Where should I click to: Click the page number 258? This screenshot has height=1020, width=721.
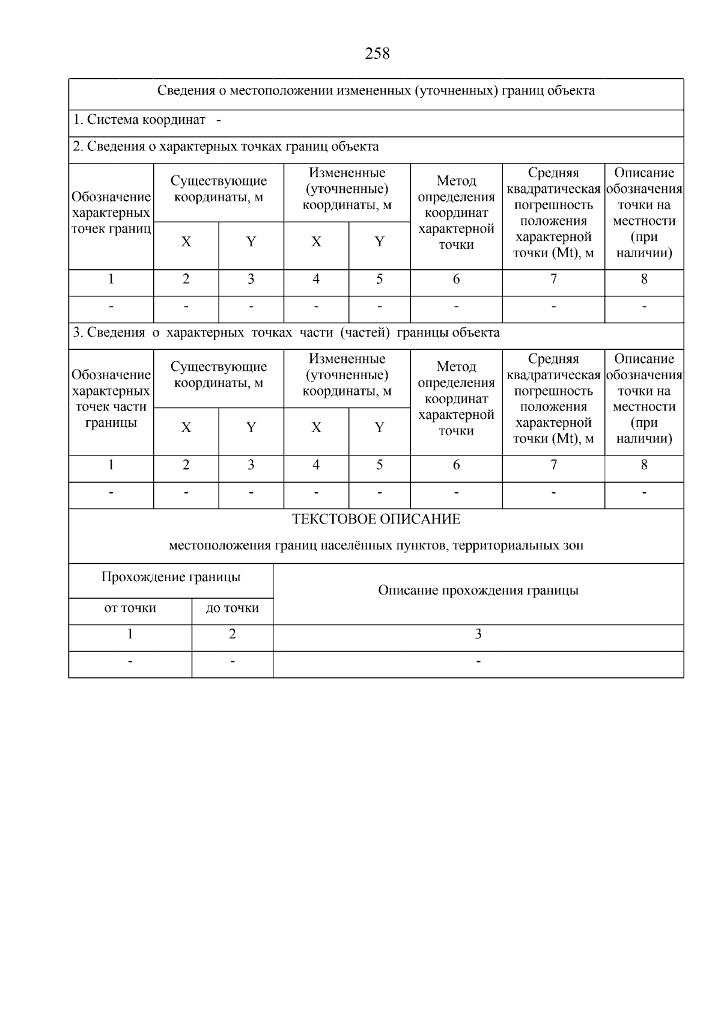(377, 54)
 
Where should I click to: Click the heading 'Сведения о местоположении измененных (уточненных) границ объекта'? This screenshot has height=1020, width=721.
(376, 91)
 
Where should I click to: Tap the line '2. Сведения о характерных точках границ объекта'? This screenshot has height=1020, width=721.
(226, 146)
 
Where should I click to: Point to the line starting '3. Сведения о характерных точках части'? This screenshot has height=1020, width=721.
(286, 332)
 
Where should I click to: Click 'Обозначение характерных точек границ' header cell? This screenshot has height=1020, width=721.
(111, 213)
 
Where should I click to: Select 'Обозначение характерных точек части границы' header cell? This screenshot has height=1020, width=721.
(111, 399)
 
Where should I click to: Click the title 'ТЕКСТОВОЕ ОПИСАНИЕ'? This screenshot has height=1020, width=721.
(376, 519)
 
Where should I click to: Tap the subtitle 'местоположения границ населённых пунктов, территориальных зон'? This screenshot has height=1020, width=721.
(376, 546)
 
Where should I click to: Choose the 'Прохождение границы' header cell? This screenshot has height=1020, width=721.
(171, 577)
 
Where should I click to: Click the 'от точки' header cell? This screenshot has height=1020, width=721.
(130, 608)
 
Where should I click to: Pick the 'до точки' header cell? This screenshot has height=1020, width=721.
(233, 608)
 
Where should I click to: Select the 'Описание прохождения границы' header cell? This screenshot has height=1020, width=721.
(478, 590)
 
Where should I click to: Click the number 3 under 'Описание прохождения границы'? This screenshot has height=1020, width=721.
(478, 634)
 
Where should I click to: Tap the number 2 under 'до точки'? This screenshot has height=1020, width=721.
(233, 634)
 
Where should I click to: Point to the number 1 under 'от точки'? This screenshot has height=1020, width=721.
(130, 634)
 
